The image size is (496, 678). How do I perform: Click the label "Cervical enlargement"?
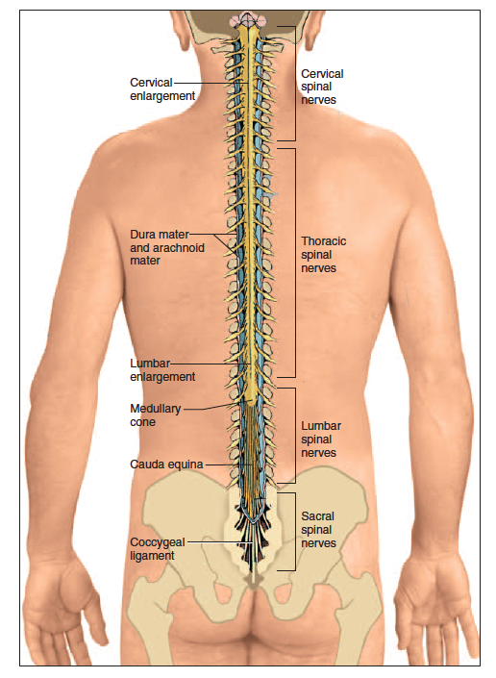point(162,89)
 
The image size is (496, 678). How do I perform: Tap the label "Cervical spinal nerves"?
point(322,87)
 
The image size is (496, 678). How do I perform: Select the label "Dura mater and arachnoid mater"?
point(166,247)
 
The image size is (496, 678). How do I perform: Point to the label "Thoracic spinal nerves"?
point(323,254)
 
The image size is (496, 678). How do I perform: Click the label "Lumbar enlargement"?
point(162,370)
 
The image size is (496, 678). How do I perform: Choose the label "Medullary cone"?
point(155,415)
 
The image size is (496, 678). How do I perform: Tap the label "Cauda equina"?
point(166,465)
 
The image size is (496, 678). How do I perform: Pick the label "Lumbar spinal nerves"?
point(321,439)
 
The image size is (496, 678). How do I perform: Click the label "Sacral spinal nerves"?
point(318,529)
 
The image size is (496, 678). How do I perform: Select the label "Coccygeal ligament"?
point(158,549)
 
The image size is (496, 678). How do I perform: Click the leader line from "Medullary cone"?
point(211,408)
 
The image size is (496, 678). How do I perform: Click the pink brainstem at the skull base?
point(245,19)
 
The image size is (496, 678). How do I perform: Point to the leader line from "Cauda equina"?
point(229,465)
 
